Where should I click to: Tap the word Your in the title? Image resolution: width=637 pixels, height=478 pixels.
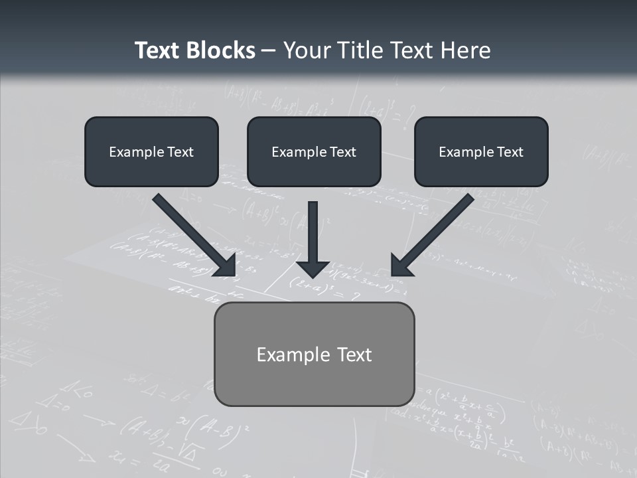(309, 50)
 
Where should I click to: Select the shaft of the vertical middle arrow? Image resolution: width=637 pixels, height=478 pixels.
(313, 229)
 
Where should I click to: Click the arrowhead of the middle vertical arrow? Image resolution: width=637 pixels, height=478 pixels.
(313, 269)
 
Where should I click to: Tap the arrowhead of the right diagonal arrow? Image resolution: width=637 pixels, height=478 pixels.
(400, 267)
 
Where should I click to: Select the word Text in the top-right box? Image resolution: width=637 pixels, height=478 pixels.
(510, 152)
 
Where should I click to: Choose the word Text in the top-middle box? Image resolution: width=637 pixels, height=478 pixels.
(342, 152)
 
